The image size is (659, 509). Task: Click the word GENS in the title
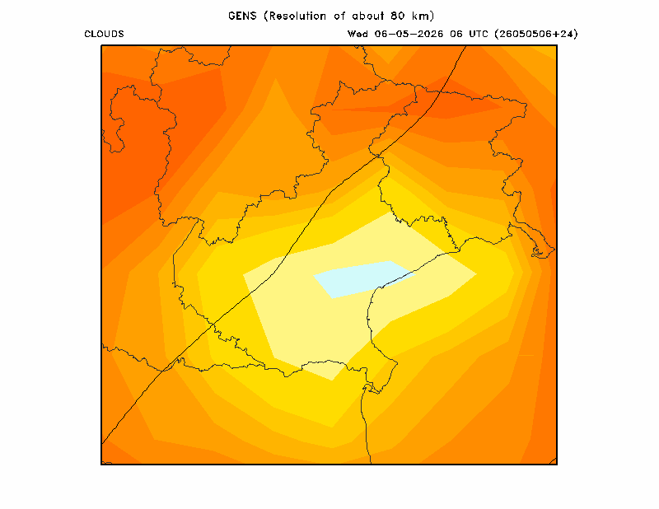coord(242,16)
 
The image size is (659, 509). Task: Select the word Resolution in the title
coord(297,16)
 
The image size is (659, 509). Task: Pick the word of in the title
coord(339,16)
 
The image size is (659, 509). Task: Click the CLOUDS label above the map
coord(104,34)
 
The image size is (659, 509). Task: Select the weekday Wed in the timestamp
coord(358,34)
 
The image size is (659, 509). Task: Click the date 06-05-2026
coord(409,34)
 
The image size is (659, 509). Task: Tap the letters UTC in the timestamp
coord(479,34)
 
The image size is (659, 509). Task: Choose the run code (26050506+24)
coord(536,34)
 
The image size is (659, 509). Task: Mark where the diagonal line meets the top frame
coord(466,45)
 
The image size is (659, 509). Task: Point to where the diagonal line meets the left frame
coord(101,444)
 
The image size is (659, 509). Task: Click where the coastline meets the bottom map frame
coord(371,464)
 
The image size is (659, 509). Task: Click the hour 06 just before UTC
coord(456,34)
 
